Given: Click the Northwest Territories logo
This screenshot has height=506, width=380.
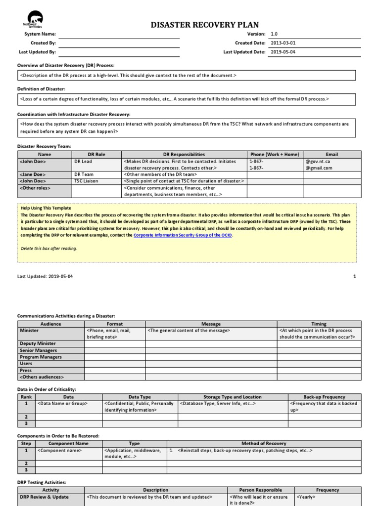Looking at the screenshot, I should [32, 19].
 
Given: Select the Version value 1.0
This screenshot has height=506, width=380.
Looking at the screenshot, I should [274, 34].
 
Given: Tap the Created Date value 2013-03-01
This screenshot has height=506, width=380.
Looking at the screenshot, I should [283, 43].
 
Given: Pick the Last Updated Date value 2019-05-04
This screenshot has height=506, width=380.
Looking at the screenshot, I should [283, 52].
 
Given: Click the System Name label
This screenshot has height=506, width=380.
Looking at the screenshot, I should [41, 34].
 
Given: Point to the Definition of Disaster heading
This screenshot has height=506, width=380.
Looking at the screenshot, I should [41, 88].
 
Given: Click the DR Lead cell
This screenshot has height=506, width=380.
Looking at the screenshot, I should [83, 162].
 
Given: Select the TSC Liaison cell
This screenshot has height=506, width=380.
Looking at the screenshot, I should [86, 181].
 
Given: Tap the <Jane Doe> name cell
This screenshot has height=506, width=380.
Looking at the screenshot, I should [33, 174].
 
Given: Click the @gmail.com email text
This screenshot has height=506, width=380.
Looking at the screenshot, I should [319, 168].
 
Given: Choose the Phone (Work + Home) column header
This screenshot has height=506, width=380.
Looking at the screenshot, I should [274, 155].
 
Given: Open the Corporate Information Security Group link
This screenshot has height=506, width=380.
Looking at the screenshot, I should [183, 236].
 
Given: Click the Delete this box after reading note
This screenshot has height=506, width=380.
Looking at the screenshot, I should [49, 249].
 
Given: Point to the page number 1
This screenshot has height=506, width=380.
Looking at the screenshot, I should [354, 276].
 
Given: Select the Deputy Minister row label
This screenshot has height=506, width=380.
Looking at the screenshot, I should [38, 343].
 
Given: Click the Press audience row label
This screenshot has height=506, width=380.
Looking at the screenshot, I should [26, 370].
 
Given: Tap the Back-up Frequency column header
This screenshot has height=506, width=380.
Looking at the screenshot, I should [324, 397].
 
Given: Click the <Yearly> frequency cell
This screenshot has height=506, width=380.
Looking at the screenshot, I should [306, 497].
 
